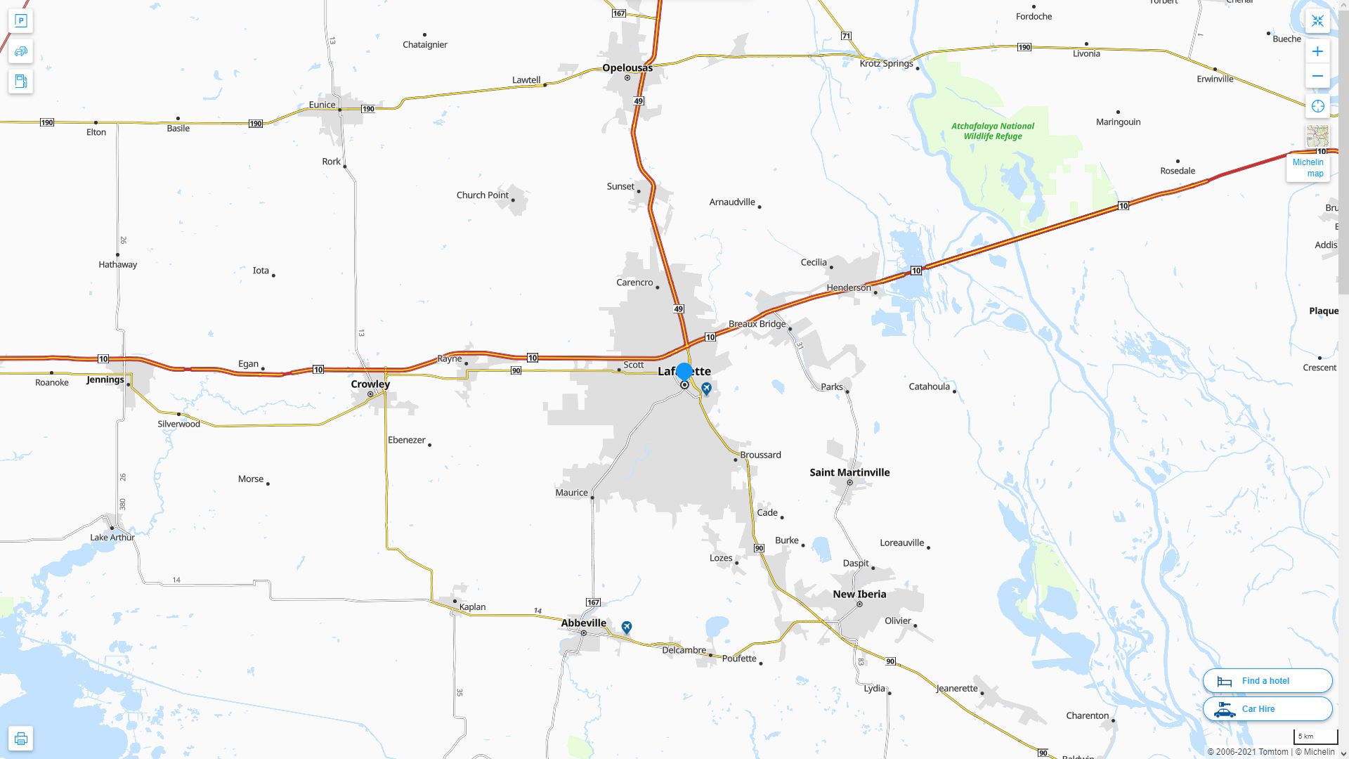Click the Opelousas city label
(627, 68)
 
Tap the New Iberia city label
(859, 595)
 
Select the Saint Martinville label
(849, 472)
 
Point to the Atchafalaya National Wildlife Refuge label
(993, 131)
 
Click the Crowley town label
(370, 384)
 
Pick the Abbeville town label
(583, 623)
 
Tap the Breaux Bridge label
(757, 324)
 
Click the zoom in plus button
(1317, 51)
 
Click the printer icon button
(21, 739)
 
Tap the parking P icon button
(21, 21)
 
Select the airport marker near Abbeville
(627, 627)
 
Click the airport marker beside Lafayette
(707, 388)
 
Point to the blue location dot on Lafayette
(684, 372)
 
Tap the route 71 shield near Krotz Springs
(847, 36)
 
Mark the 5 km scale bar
(1315, 737)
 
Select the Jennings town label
(105, 380)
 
